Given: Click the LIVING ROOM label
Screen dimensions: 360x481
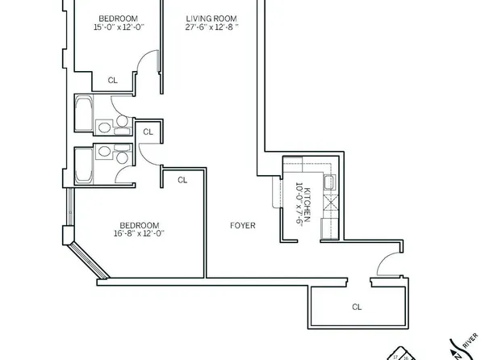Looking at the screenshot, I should [205, 19].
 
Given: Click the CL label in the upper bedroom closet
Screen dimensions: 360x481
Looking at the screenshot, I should [113, 79].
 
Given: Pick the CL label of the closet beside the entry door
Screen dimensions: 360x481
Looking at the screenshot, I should [356, 307].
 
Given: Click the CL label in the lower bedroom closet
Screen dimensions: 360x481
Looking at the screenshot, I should [182, 179].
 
